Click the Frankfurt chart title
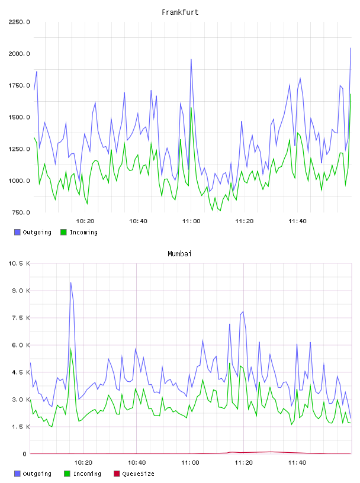(x=180, y=12)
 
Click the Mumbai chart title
(x=179, y=253)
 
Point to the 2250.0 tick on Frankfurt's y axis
(x=19, y=22)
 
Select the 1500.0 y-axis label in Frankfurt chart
(x=19, y=117)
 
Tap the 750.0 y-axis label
(x=21, y=212)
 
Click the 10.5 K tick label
(x=19, y=263)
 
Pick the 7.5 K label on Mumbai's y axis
(x=21, y=318)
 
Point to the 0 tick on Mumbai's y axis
(x=25, y=454)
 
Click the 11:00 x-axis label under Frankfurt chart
(x=191, y=221)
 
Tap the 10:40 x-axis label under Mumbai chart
(x=137, y=462)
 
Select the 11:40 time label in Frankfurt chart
(x=297, y=221)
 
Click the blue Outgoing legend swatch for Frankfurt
(x=17, y=232)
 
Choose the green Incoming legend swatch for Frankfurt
(x=63, y=232)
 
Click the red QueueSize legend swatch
(x=117, y=474)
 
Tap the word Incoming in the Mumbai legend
(x=87, y=474)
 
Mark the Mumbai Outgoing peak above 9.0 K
(x=70, y=283)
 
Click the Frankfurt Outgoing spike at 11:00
(x=191, y=59)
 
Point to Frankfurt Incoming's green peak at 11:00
(x=191, y=108)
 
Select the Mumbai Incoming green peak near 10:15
(x=71, y=349)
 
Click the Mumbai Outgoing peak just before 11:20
(x=243, y=312)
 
